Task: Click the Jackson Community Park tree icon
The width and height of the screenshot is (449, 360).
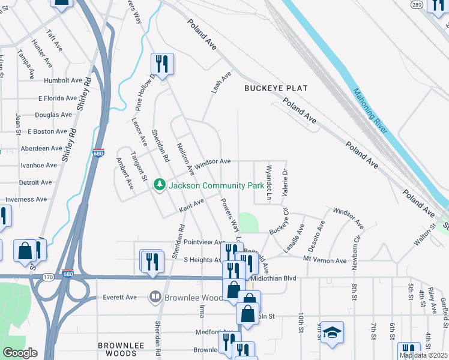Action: [160, 185]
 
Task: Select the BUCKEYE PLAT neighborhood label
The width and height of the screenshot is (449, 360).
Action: [276, 88]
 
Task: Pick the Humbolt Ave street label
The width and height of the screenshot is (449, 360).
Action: [63, 80]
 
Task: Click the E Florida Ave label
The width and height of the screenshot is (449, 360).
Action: [58, 98]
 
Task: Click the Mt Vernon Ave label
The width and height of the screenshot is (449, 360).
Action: [325, 260]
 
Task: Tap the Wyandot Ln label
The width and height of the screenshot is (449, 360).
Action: [270, 182]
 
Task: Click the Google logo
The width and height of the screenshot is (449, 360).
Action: [19, 353]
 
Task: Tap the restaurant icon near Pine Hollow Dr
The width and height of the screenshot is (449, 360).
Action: [162, 63]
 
